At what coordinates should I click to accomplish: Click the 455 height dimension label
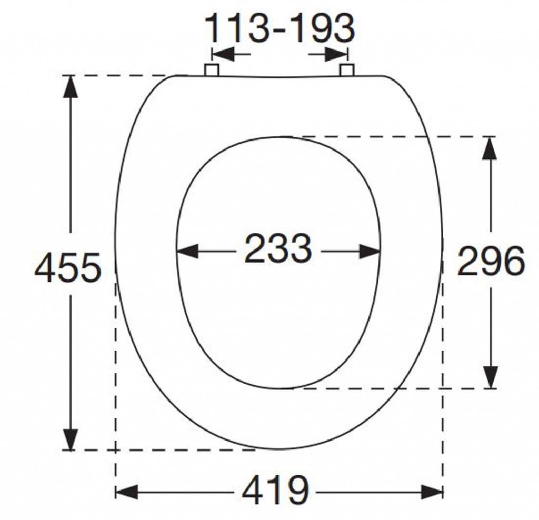[68, 267]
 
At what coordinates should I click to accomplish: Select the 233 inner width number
[278, 247]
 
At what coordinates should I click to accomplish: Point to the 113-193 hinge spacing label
[280, 28]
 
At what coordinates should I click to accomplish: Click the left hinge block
[212, 69]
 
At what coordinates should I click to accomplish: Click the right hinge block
[347, 70]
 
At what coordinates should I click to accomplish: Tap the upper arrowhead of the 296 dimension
[490, 148]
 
